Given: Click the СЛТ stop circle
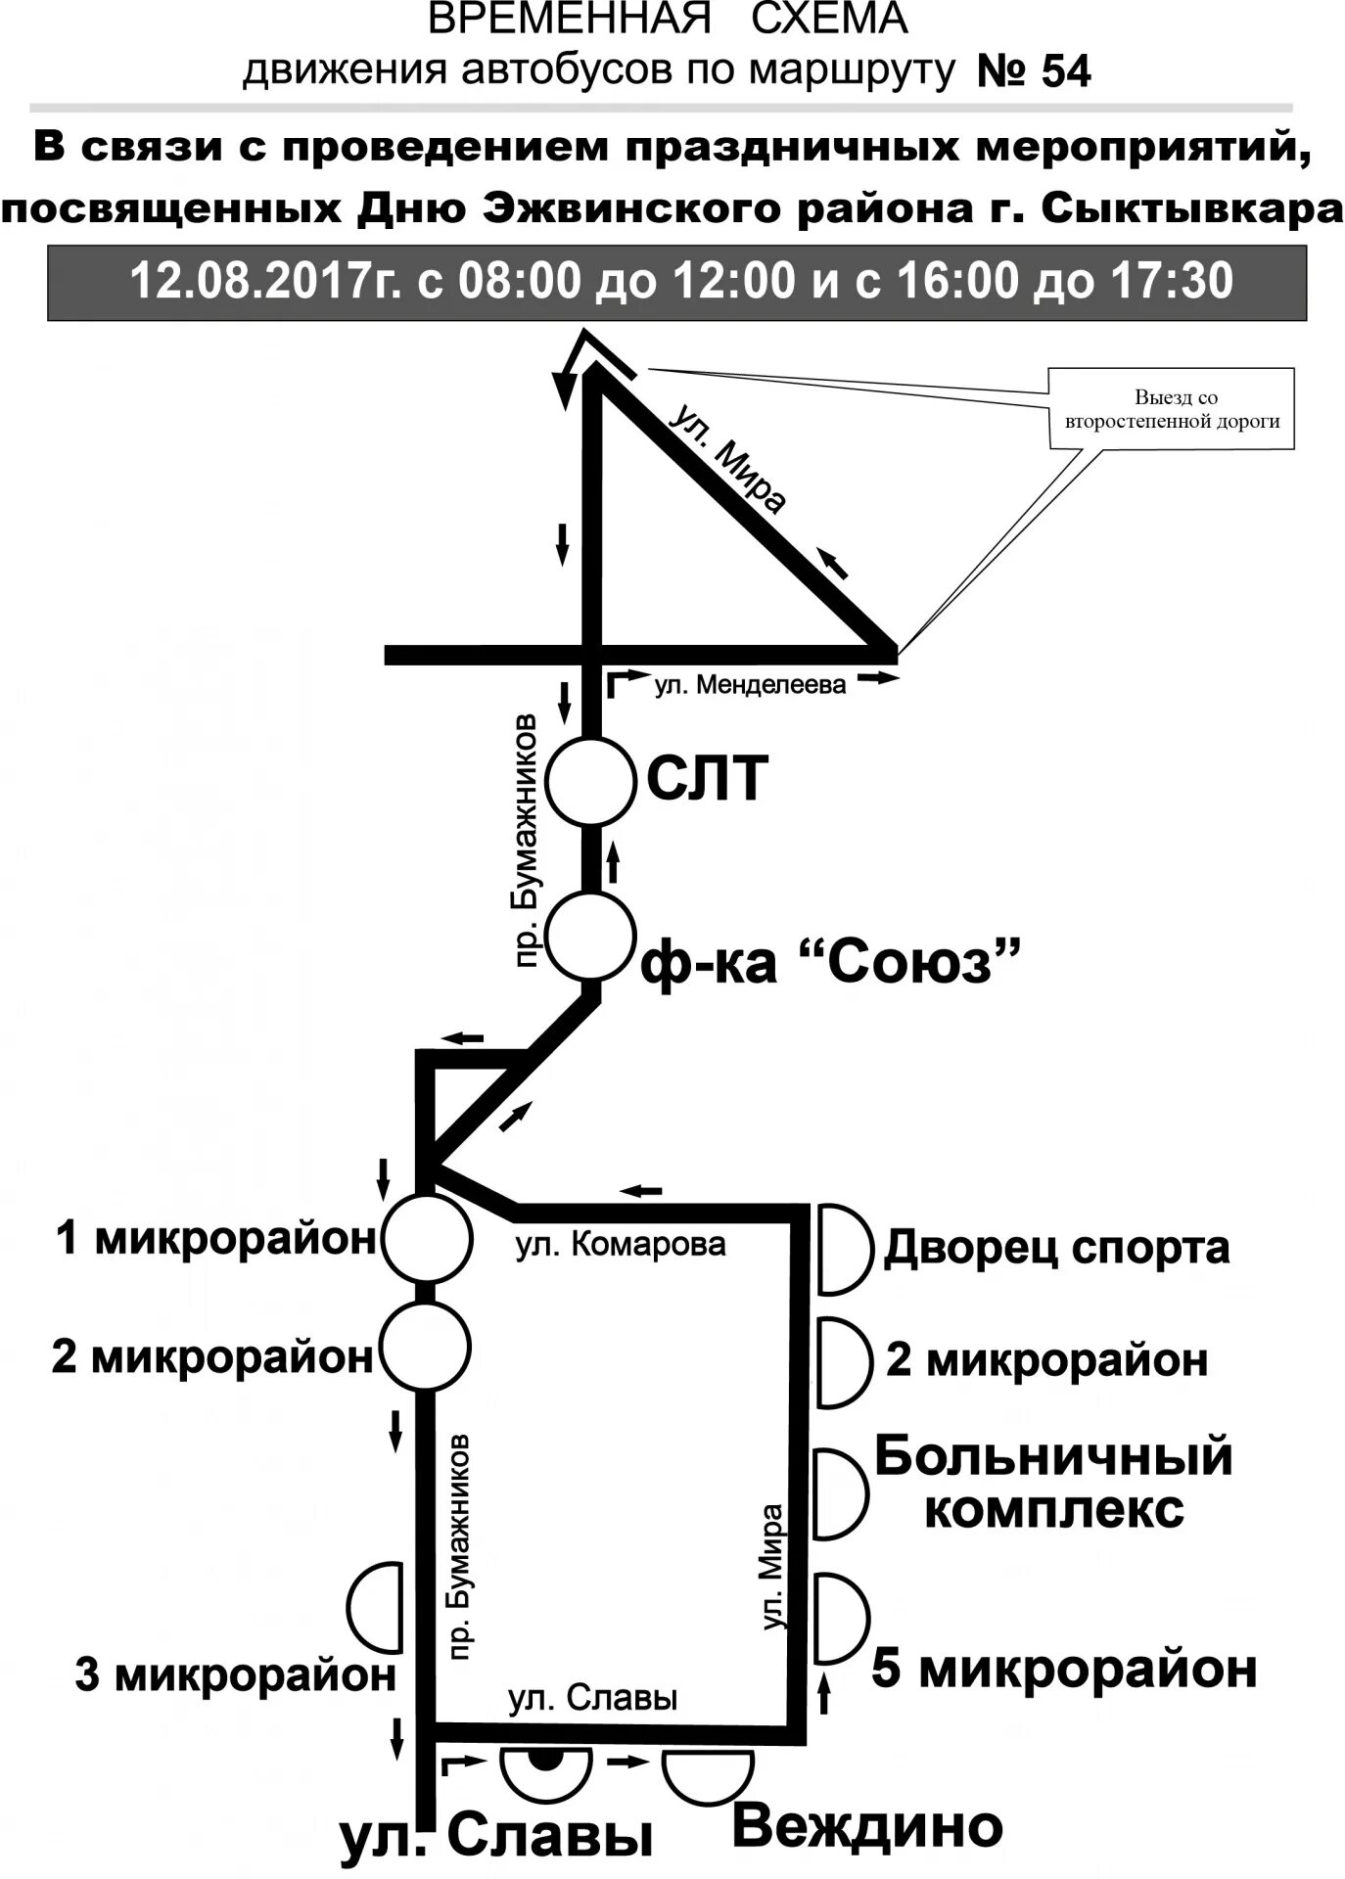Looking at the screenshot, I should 590,782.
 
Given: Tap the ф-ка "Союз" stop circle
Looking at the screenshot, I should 590,935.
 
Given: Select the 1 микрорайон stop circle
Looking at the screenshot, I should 426,1239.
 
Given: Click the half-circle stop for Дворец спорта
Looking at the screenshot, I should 841,1249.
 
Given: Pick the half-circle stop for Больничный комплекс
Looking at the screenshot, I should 840,1493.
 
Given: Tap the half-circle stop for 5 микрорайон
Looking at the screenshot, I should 840,1618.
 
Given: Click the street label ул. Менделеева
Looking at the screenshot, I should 750,685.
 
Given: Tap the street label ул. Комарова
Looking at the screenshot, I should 621,1245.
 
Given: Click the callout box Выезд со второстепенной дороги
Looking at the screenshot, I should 1171,409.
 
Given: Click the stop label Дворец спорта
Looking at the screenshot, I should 1056,1248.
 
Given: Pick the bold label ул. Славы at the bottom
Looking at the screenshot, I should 496,1837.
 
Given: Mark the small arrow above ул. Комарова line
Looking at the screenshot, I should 641,1191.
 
